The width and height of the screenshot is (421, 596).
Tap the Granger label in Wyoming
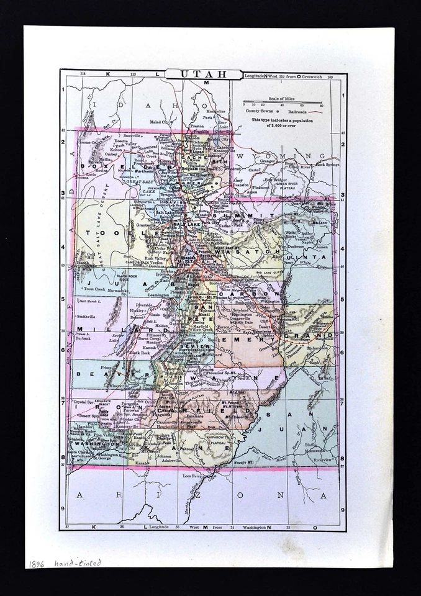[x=267, y=161]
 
